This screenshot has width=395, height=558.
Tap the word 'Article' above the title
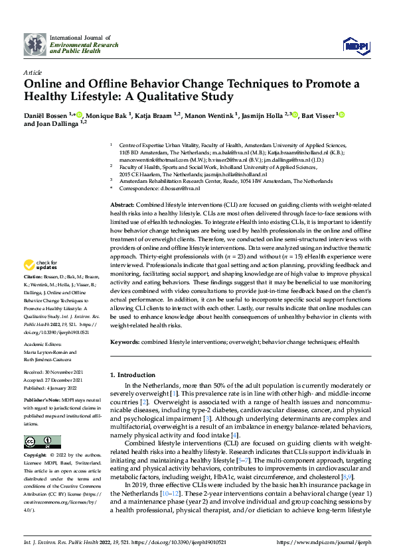[x=32, y=72]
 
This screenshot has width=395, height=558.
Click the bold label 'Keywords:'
[x=125, y=341]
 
